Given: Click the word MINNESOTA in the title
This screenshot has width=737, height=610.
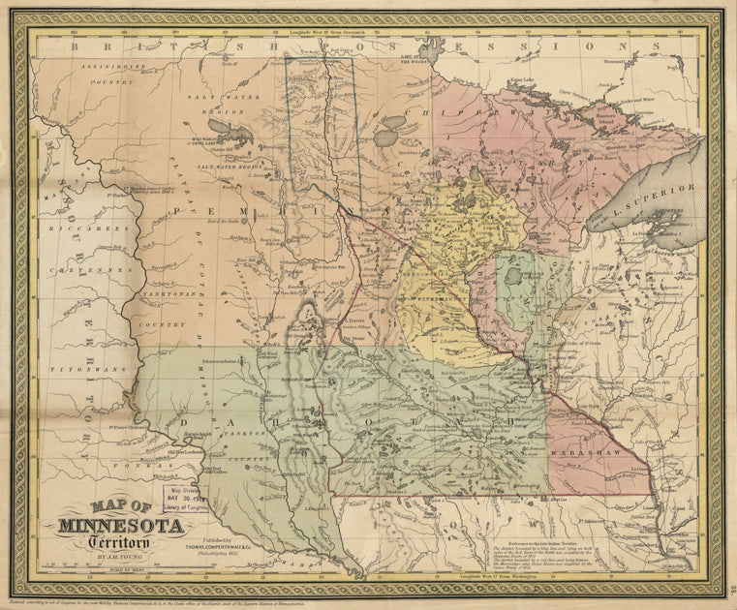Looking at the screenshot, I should (x=123, y=528).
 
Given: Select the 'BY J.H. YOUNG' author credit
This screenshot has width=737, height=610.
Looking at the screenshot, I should (x=126, y=559).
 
